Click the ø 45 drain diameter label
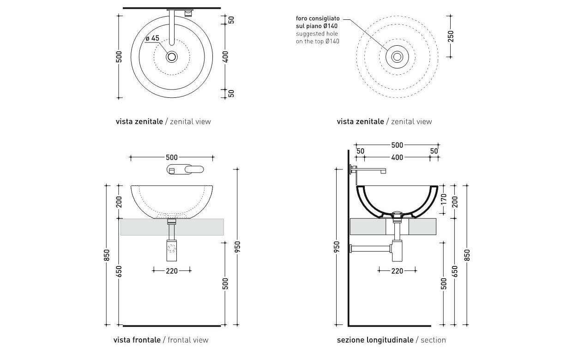click(152, 38)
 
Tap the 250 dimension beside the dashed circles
click(451, 36)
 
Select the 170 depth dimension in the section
click(444, 199)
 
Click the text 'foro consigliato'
click(318, 18)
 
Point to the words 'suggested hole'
click(317, 34)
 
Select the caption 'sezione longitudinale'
click(375, 340)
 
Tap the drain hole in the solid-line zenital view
click(172, 57)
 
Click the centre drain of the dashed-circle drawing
click(397, 57)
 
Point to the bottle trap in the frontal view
click(172, 250)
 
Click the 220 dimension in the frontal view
click(172, 271)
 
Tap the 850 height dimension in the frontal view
click(107, 255)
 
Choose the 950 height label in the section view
click(337, 247)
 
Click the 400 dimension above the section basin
click(397, 157)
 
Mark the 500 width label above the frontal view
click(172, 157)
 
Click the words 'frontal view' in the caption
click(188, 340)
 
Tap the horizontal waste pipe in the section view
click(369, 248)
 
